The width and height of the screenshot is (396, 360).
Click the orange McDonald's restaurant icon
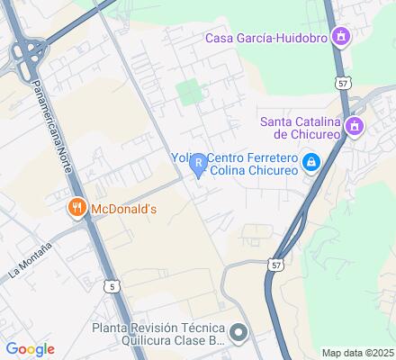pyautogui.click(x=77, y=209)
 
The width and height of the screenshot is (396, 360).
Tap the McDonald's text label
pyautogui.click(x=123, y=210)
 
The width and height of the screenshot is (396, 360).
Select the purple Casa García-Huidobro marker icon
pyautogui.click(x=341, y=37)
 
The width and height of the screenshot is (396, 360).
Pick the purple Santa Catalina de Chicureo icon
pyautogui.click(x=355, y=126)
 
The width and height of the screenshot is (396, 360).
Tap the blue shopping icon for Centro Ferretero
pyautogui.click(x=310, y=162)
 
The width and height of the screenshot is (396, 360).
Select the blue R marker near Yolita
pyautogui.click(x=197, y=161)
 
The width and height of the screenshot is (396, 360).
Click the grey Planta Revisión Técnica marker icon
pyautogui.click(x=238, y=333)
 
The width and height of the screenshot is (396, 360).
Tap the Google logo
pyautogui.click(x=30, y=349)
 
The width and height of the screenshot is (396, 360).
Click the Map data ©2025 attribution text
pyautogui.click(x=358, y=352)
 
